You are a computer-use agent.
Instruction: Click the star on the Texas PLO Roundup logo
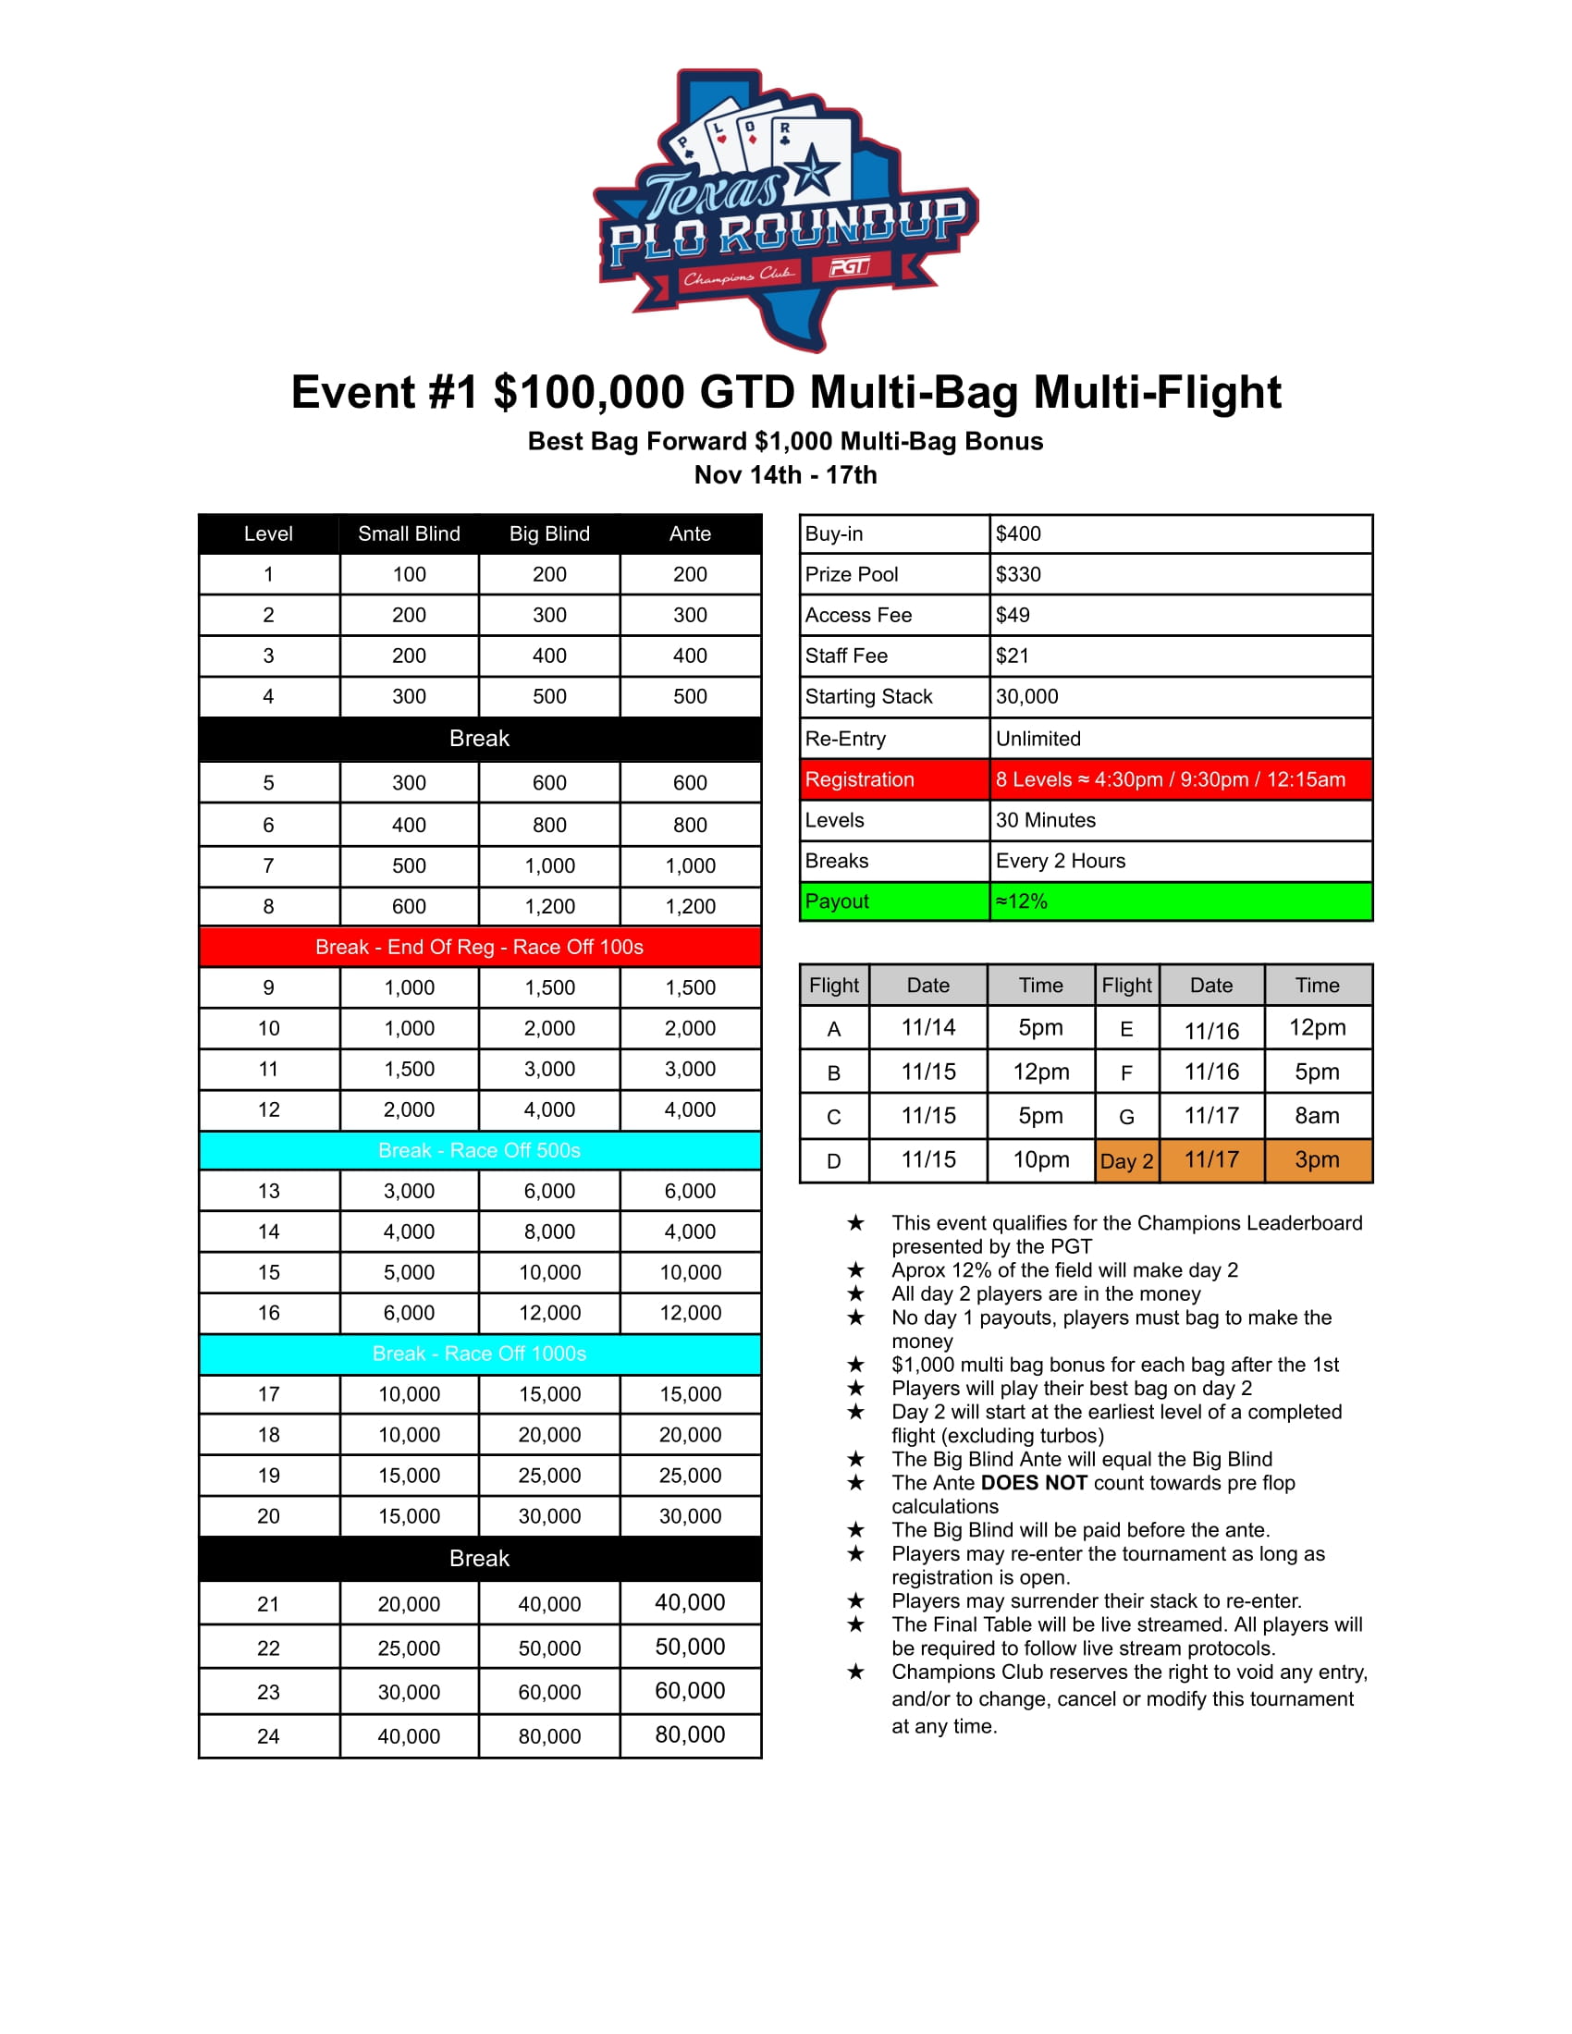812,171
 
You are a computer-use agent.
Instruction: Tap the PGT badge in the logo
848,267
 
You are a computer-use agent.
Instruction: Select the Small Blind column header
409,533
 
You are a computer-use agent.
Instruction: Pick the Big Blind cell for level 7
549,866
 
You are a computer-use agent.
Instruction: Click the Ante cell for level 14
690,1232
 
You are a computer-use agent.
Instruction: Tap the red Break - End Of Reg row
480,947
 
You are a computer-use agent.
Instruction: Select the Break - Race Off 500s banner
480,1151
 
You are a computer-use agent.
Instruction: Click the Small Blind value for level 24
409,1737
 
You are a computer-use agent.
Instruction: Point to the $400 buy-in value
1019,533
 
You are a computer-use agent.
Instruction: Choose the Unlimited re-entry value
1038,739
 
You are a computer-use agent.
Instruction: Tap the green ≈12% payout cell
1180,901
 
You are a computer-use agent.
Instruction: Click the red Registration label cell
894,779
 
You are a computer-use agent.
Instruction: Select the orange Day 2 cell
1127,1161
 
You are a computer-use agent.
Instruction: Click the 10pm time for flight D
1040,1160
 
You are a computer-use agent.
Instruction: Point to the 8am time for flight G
1317,1116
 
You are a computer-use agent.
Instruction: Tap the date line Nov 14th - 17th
785,475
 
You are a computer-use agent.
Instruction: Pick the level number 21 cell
268,1605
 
